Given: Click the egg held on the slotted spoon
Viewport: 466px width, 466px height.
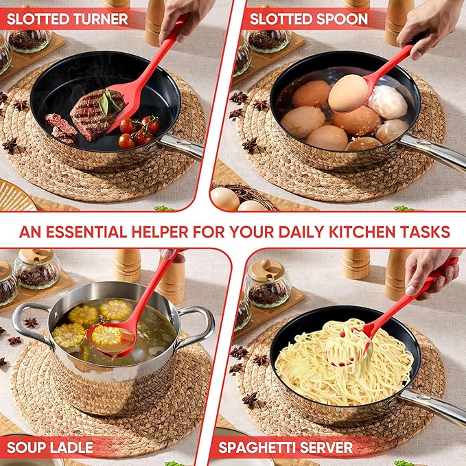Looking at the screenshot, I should [x=349, y=93].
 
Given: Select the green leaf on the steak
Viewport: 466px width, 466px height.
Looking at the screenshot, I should [x=107, y=102].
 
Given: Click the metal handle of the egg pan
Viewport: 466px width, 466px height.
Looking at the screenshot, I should [x=432, y=152].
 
